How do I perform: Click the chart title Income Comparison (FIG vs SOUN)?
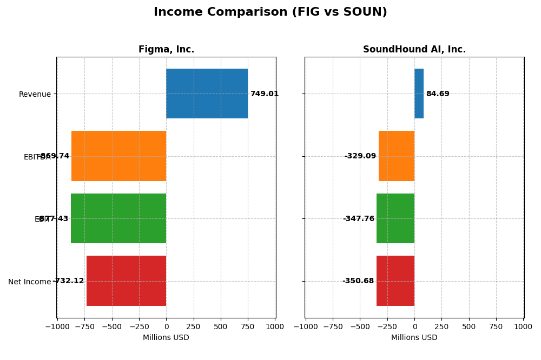(270, 12)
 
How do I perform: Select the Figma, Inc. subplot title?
(166, 49)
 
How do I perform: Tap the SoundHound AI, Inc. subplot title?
(414, 49)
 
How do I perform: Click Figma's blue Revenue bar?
(207, 94)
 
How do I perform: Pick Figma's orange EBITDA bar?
(119, 156)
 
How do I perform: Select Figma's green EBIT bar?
(118, 218)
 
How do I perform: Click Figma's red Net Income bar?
(127, 281)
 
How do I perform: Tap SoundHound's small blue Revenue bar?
(419, 94)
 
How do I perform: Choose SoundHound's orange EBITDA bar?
(397, 156)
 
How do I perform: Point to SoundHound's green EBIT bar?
(395, 218)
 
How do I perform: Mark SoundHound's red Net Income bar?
(395, 281)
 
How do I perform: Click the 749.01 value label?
(264, 94)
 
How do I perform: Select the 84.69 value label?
(437, 94)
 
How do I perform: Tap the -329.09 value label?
(360, 156)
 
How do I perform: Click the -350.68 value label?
(358, 281)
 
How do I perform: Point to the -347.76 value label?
(358, 219)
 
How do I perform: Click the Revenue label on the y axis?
(35, 95)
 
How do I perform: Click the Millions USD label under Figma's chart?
(166, 338)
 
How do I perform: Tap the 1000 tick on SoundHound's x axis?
(523, 326)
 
